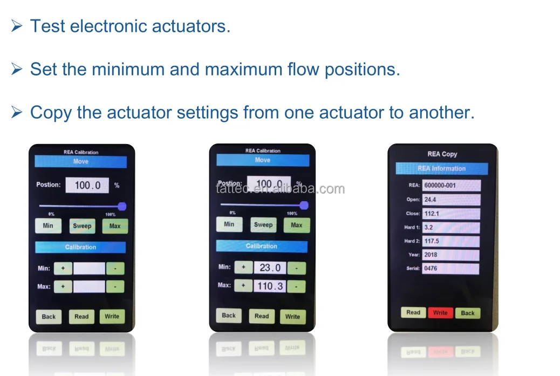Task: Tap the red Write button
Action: pos(440,313)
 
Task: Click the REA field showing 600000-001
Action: pos(451,186)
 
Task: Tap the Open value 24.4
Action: pos(450,200)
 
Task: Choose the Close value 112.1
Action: pos(450,214)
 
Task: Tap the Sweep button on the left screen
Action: pos(82,226)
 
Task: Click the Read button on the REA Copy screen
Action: pos(413,313)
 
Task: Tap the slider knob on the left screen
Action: pos(122,206)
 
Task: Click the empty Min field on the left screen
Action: pos(89,268)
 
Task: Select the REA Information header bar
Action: pos(441,168)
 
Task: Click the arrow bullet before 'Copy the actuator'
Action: pos(17,112)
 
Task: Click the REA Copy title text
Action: pos(442,154)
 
